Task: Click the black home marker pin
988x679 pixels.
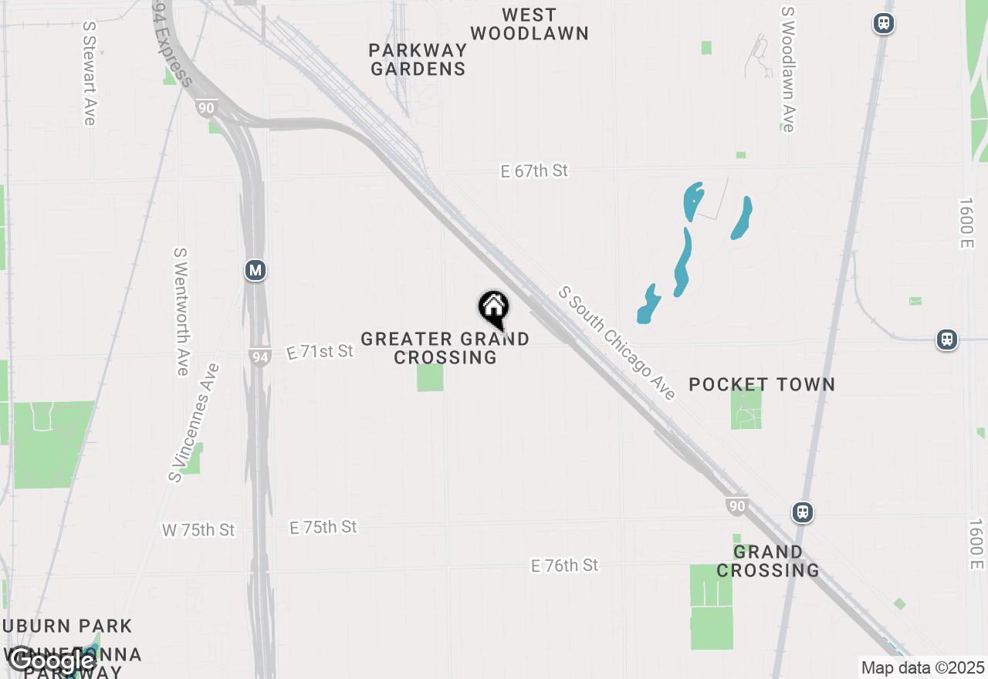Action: [x=494, y=309]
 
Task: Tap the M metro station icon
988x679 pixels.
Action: [x=255, y=271]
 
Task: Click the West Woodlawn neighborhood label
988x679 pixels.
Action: [x=530, y=24]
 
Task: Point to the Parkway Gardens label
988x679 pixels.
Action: [x=418, y=59]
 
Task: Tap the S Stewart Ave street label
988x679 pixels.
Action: [x=90, y=73]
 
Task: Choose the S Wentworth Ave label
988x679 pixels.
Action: [x=181, y=312]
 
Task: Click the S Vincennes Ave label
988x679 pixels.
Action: [x=194, y=423]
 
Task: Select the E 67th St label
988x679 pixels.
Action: [x=534, y=171]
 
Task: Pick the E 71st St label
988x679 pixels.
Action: [x=320, y=352]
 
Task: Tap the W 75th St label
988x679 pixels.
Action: [x=198, y=530]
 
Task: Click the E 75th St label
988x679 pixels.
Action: [x=323, y=528]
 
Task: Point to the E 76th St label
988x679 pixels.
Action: [x=564, y=566]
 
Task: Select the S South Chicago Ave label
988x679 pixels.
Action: [x=617, y=343]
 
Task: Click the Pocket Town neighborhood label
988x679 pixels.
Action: [x=762, y=384]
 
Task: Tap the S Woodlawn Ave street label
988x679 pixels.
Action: [x=787, y=69]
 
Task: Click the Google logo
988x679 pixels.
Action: [x=52, y=660]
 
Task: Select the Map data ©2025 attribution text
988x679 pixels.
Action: [x=922, y=667]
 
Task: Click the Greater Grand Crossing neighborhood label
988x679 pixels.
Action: [x=445, y=348]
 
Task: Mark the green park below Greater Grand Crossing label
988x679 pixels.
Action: [x=430, y=378]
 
